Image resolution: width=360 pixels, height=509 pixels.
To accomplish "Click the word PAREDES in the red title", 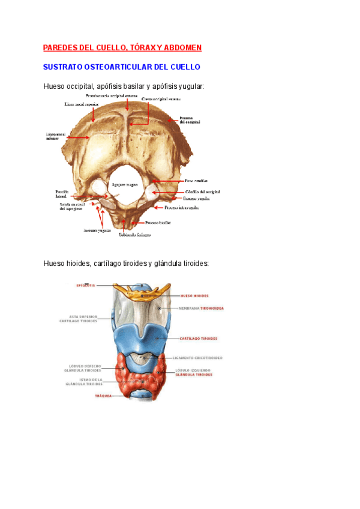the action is [x=61, y=47].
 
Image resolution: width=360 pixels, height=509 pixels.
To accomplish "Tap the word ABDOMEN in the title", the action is [x=182, y=47].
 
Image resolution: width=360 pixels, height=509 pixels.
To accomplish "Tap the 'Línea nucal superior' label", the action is [x=82, y=104].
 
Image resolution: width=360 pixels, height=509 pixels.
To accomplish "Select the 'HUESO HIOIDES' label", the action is [x=194, y=296].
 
